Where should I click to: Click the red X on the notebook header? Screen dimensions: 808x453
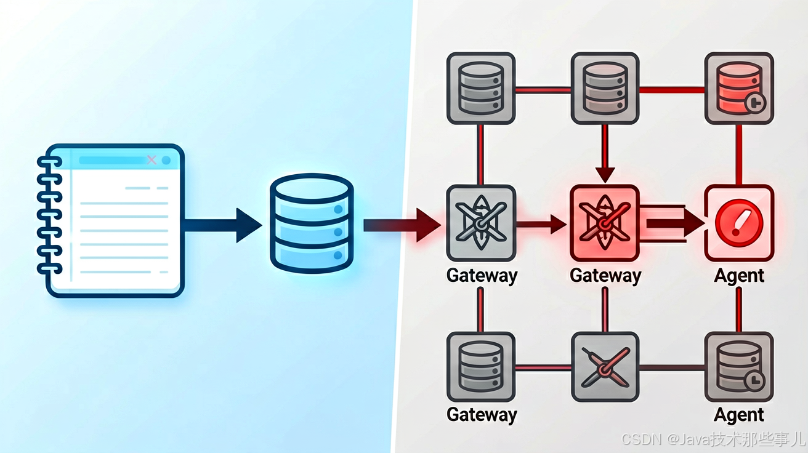click(x=152, y=160)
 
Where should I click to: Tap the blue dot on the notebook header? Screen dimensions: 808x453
click(x=166, y=161)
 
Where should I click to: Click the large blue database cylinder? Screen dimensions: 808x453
click(x=312, y=223)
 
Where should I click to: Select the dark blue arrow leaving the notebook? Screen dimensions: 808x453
click(x=222, y=225)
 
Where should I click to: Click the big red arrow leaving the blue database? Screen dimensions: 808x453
click(x=402, y=225)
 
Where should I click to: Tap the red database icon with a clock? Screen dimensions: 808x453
click(x=739, y=89)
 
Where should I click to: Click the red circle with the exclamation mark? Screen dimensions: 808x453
click(x=739, y=223)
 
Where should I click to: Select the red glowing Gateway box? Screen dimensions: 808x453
click(x=605, y=223)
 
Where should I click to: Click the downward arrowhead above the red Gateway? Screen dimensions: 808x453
click(x=605, y=175)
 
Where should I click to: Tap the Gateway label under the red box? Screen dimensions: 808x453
click(x=605, y=276)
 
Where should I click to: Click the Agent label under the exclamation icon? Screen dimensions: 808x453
click(x=739, y=276)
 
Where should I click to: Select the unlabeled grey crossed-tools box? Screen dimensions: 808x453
click(x=605, y=367)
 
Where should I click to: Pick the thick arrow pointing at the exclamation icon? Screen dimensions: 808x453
click(x=675, y=223)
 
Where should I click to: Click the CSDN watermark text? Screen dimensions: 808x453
click(x=714, y=439)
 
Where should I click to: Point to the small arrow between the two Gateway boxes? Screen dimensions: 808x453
click(x=541, y=224)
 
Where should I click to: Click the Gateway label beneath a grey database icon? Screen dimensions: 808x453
click(x=482, y=415)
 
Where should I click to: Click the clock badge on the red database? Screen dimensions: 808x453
click(x=756, y=103)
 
